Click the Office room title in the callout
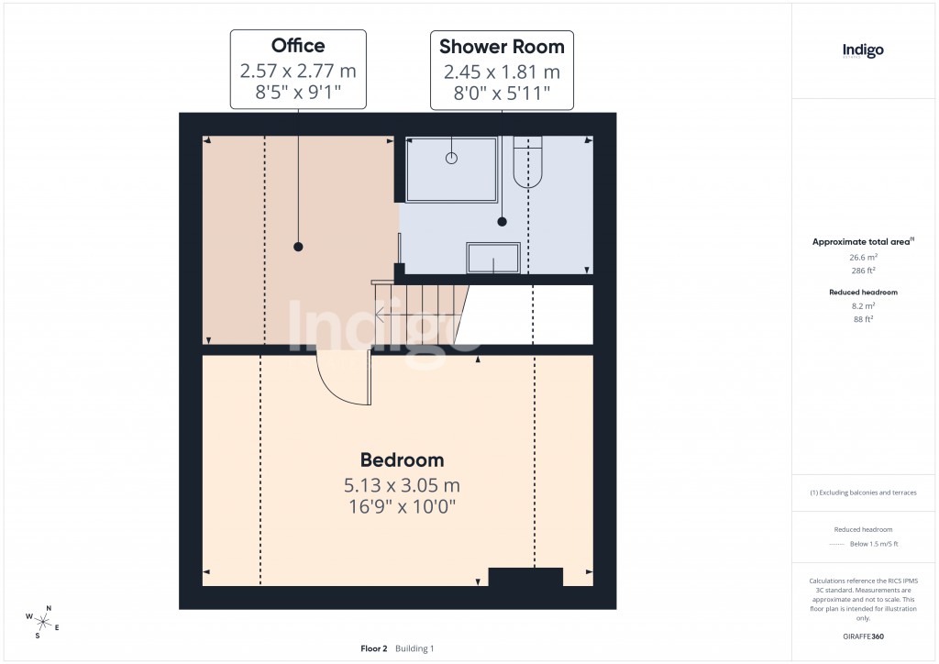pos(298,46)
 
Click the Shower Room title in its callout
pos(502,46)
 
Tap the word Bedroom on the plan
pos(402,460)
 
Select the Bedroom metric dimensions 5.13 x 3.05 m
pos(402,484)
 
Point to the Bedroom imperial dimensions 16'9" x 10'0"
pos(402,505)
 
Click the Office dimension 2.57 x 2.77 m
pos(298,71)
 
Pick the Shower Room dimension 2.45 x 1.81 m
pos(502,72)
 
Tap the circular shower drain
pos(451,158)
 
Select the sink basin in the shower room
pos(493,258)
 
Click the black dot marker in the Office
pos(298,247)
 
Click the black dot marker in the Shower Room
pos(502,221)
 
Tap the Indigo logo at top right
pos(863,51)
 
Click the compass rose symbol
pos(42,620)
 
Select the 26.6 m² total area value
pos(862,258)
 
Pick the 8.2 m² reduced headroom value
pos(862,305)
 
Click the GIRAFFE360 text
pos(862,636)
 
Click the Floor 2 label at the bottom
pos(374,648)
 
